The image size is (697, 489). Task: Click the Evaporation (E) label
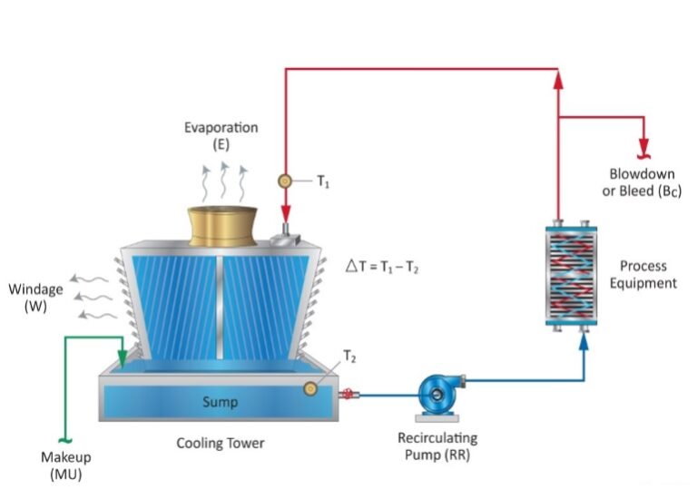[x=221, y=136]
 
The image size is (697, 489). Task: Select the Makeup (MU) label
[x=66, y=465]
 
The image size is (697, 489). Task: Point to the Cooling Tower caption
[x=221, y=444]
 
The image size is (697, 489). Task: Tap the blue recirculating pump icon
[x=437, y=394]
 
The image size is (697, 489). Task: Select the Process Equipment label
[x=643, y=274]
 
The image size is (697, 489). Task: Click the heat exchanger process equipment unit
[x=572, y=274]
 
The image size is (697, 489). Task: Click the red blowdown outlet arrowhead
[x=644, y=146]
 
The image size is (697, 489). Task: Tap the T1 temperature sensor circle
[x=284, y=181]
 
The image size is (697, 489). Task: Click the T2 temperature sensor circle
[x=311, y=388]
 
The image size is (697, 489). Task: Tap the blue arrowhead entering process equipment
[x=584, y=346]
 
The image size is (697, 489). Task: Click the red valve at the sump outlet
[x=346, y=394]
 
